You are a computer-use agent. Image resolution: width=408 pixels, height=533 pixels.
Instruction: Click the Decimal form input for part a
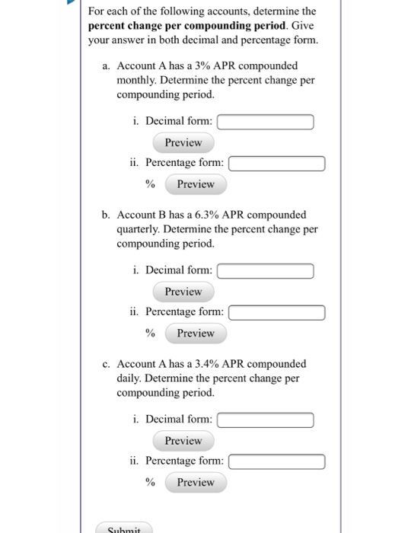(x=266, y=122)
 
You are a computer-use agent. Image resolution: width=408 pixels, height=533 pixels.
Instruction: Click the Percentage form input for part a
(x=277, y=163)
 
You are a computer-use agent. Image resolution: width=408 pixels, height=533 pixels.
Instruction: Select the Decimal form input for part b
(x=266, y=271)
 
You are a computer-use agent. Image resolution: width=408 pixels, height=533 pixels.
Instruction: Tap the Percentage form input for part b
(x=277, y=312)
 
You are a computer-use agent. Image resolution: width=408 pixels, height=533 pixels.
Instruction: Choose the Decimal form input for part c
(x=266, y=420)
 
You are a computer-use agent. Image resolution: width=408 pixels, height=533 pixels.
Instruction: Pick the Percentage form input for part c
(x=277, y=461)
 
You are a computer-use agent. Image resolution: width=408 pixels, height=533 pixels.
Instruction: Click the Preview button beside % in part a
(x=196, y=184)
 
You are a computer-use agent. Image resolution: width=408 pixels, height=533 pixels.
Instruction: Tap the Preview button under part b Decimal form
(x=183, y=292)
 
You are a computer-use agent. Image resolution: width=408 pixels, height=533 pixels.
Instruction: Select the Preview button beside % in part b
(x=196, y=334)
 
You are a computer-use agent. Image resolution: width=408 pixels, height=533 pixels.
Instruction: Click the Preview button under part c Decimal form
(x=183, y=441)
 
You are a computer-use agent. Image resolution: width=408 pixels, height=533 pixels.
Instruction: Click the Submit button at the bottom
(x=124, y=528)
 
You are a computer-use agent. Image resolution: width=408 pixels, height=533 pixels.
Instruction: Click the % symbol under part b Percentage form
(x=151, y=334)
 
